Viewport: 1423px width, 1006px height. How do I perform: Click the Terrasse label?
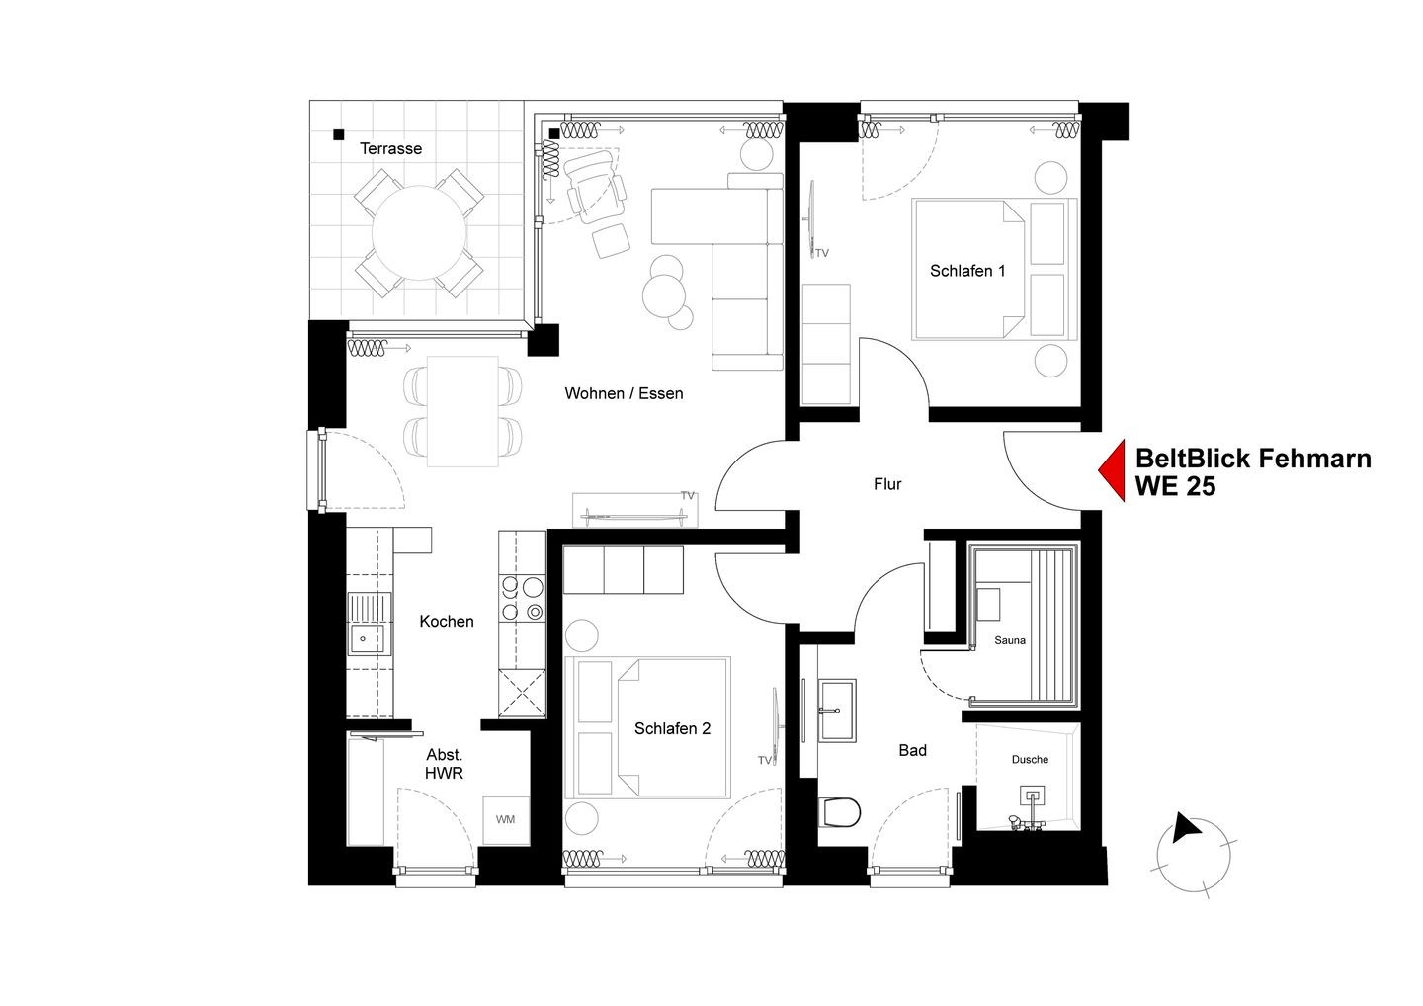click(x=390, y=148)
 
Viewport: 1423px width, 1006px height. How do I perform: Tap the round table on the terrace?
click(x=419, y=232)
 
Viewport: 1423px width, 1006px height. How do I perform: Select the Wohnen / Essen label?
click(x=624, y=393)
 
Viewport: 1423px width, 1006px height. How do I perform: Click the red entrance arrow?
click(x=1112, y=470)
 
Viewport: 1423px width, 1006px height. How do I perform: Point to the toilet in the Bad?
click(x=839, y=812)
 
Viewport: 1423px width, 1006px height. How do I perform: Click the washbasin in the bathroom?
click(x=837, y=711)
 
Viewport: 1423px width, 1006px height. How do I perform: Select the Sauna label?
click(x=1010, y=640)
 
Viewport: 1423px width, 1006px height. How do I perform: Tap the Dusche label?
click(x=1030, y=760)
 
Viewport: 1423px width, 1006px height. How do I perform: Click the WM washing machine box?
click(x=506, y=820)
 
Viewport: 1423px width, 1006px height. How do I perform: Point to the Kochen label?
click(x=447, y=622)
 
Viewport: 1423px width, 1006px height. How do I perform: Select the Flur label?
click(x=887, y=484)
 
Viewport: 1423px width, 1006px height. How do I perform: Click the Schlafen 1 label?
click(x=967, y=271)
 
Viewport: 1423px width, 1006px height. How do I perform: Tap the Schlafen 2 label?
click(x=672, y=729)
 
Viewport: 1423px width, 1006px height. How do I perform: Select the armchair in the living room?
click(x=596, y=188)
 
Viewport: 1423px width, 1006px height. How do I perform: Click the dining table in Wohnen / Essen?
click(x=462, y=411)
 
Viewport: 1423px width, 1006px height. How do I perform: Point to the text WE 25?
click(x=1175, y=487)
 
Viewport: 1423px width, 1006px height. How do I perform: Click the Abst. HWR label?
click(x=444, y=764)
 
